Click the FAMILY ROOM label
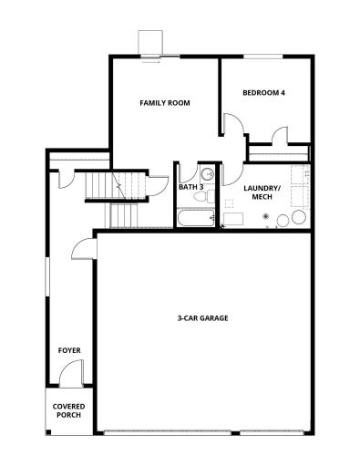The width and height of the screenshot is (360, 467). click(x=164, y=103)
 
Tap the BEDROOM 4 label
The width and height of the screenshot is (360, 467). click(x=264, y=93)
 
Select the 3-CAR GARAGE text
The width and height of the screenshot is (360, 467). click(x=202, y=318)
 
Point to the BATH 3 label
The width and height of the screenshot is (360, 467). click(x=190, y=187)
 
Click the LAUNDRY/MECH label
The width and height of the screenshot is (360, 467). click(x=262, y=192)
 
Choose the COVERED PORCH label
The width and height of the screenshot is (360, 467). click(x=67, y=410)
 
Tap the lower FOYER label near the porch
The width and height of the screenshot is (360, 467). click(x=69, y=350)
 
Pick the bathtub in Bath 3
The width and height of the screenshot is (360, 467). click(x=196, y=218)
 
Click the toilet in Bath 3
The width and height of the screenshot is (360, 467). click(x=208, y=194)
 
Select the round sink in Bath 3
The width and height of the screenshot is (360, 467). click(x=207, y=173)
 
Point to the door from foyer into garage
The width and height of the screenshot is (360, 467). click(x=82, y=249)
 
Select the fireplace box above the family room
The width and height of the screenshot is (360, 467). click(x=149, y=44)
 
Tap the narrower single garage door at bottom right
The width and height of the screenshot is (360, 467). click(x=276, y=431)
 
